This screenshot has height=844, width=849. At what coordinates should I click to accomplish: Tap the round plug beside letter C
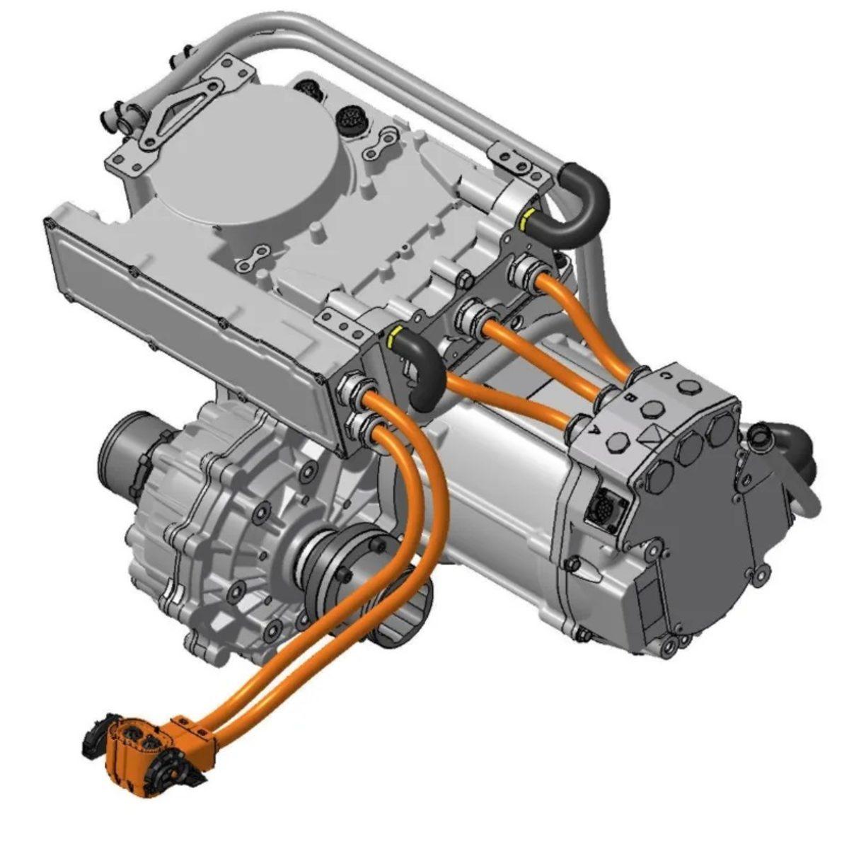(x=687, y=388)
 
